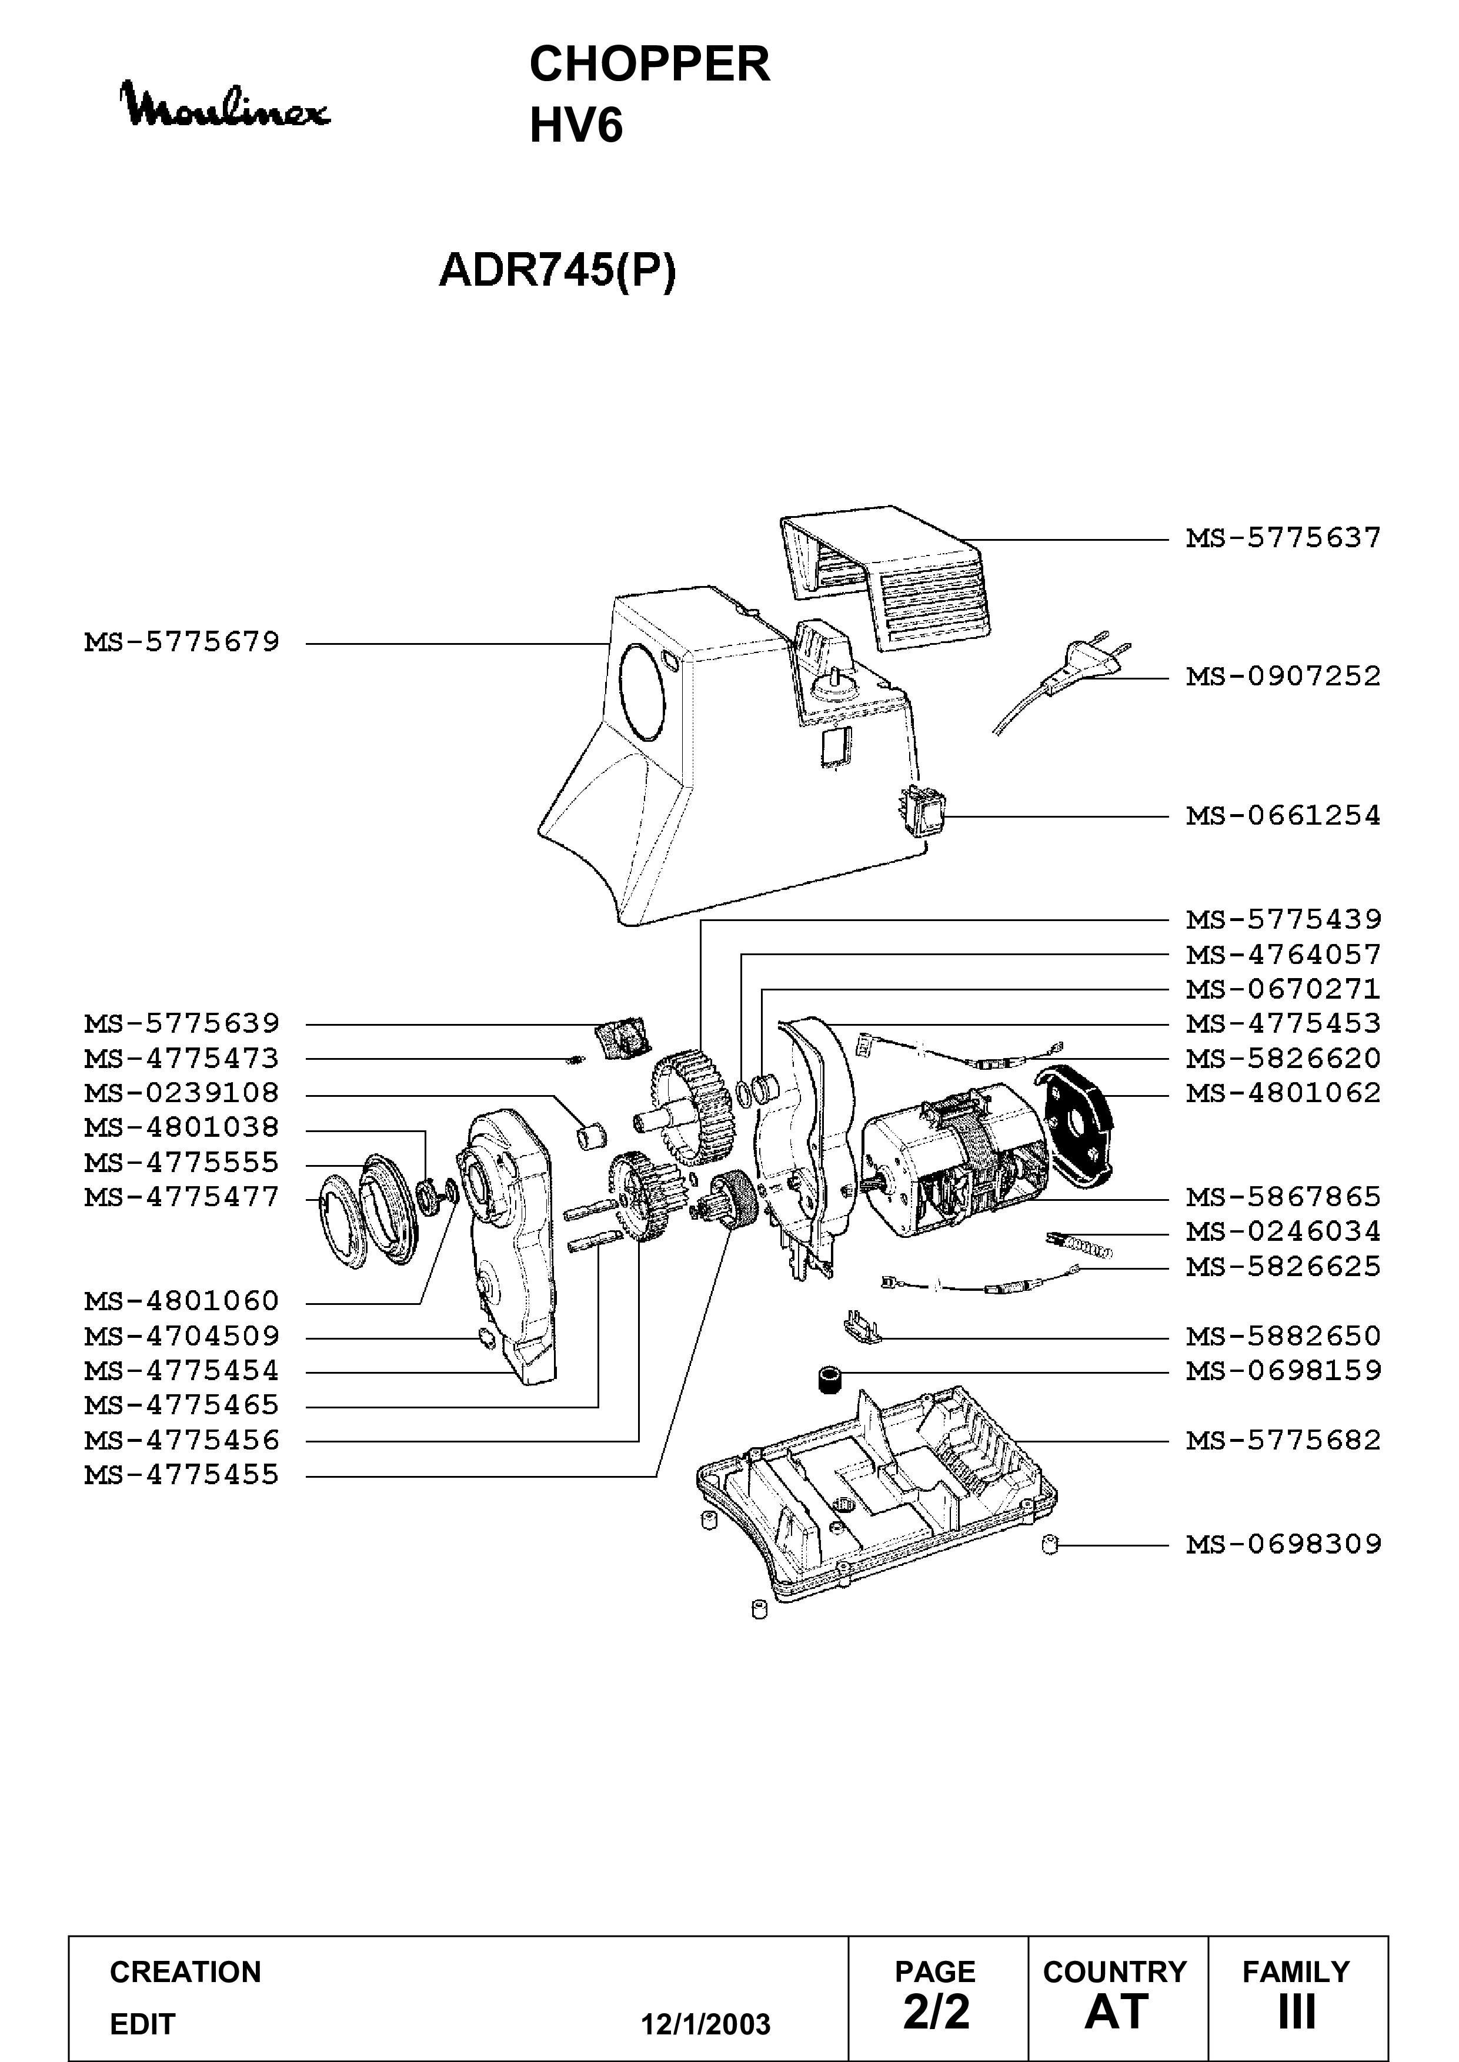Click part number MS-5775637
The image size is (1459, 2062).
(1283, 538)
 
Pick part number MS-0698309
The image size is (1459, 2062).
(1283, 1545)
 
